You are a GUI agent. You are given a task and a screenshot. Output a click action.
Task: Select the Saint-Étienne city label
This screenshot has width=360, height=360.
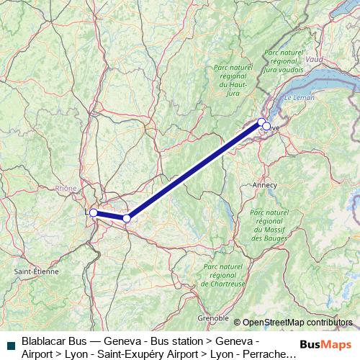(37, 271)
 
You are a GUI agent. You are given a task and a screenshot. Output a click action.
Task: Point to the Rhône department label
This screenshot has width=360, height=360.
(66, 189)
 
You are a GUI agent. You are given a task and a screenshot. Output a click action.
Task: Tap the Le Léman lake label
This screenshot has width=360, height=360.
(299, 97)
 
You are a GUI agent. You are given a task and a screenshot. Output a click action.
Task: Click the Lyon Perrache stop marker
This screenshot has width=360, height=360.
(93, 212)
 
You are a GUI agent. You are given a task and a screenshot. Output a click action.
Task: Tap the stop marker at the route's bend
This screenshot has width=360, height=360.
(127, 218)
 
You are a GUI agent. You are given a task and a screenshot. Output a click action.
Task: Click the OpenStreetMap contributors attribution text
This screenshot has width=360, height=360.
(297, 323)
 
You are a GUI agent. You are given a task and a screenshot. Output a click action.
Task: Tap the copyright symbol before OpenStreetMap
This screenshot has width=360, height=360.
(237, 323)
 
